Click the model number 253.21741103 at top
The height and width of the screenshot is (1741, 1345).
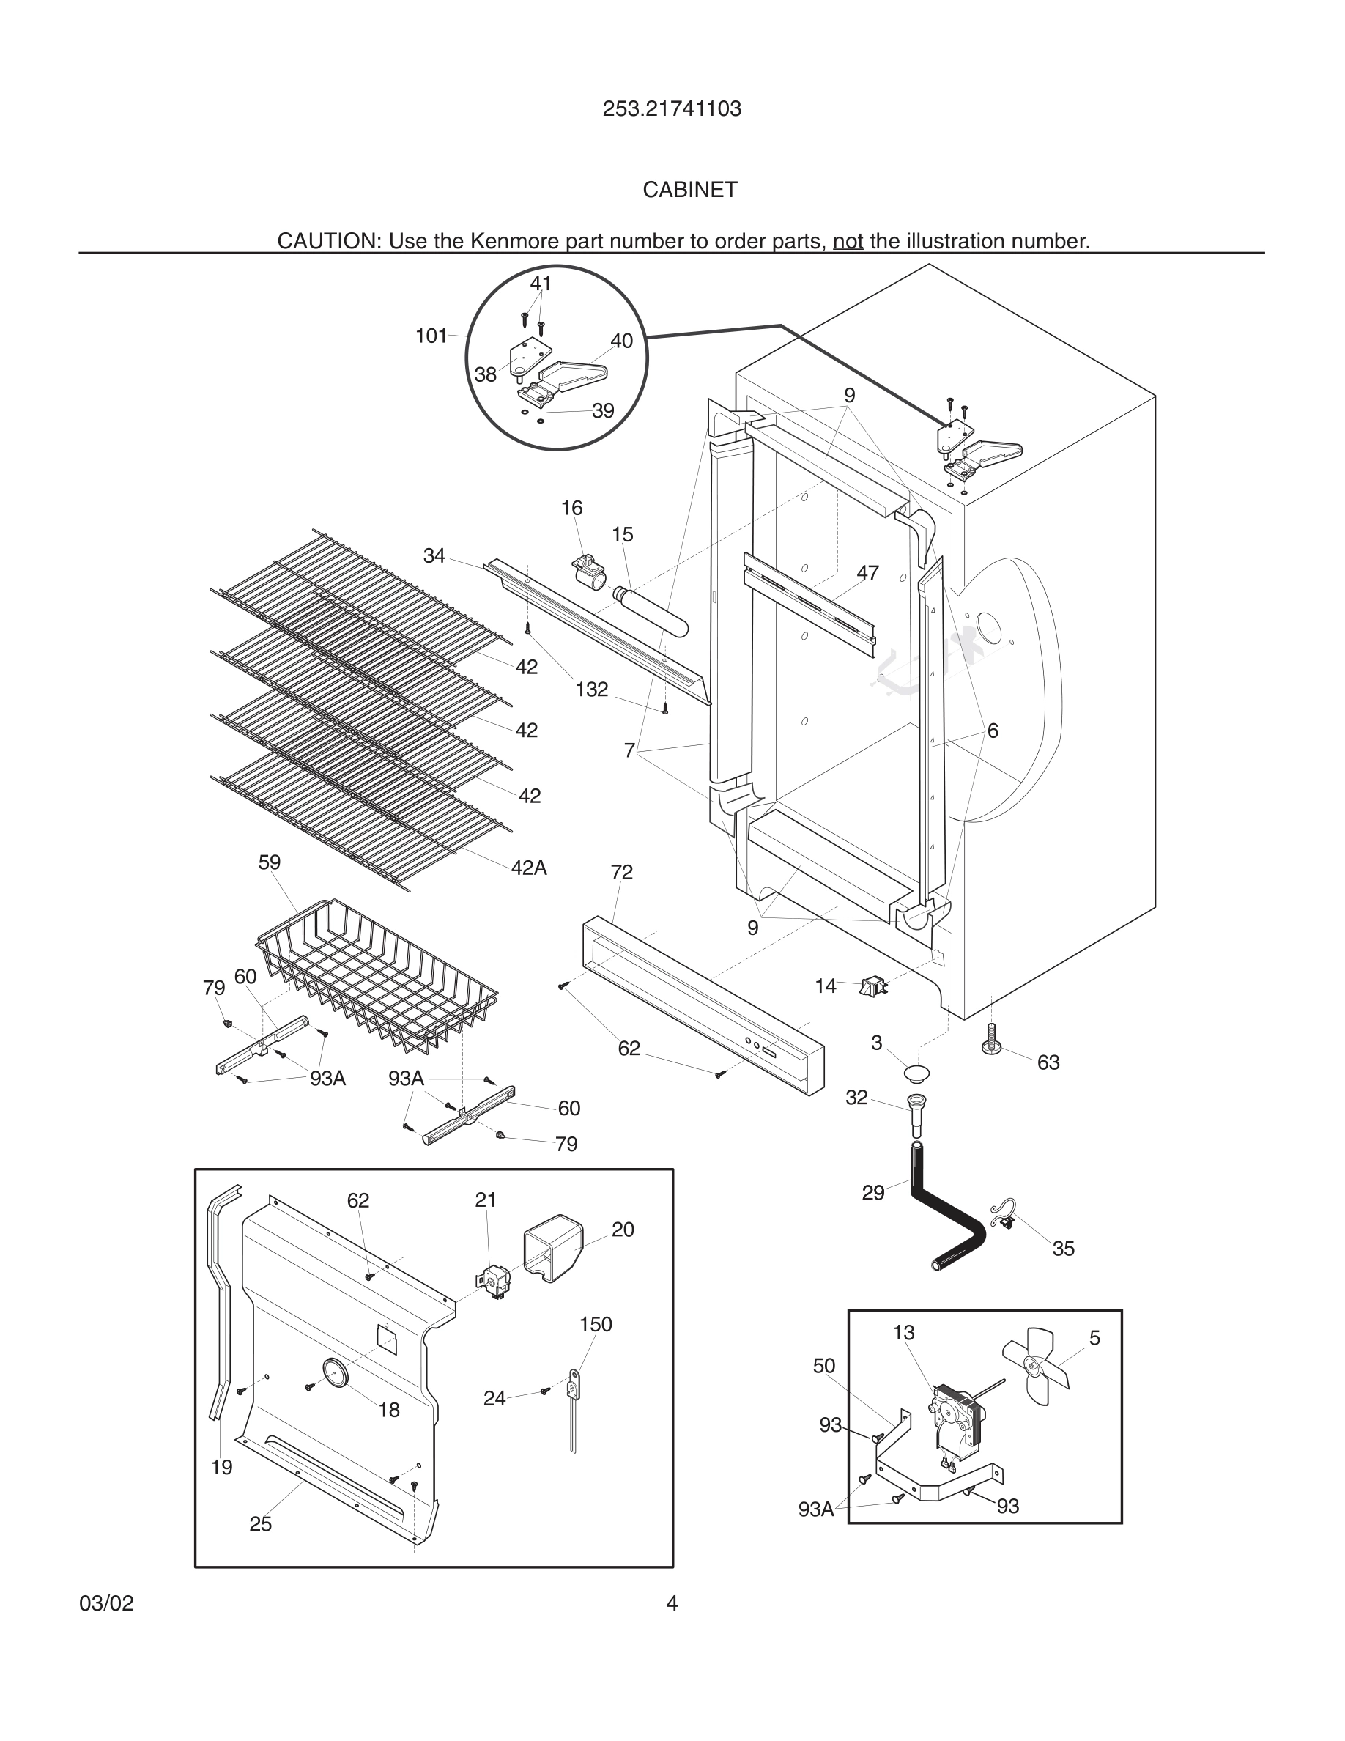[672, 109]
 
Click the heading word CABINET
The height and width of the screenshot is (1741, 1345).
[690, 190]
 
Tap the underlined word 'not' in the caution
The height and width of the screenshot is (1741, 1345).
[848, 241]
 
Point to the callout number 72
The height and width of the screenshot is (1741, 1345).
[621, 872]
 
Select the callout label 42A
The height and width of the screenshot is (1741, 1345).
[529, 868]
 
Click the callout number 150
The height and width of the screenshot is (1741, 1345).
[595, 1325]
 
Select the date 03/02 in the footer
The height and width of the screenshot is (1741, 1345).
[107, 1603]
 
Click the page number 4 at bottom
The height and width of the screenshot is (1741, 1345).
[672, 1603]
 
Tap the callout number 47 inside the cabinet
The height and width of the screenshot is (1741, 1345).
[867, 572]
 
